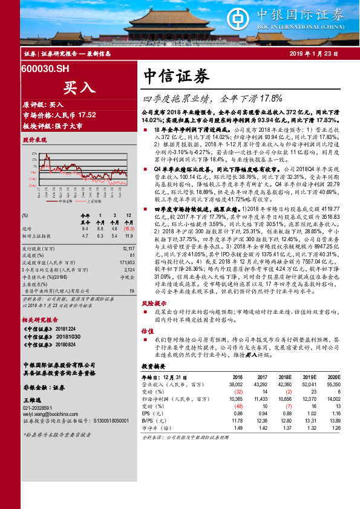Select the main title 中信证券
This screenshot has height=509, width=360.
click(x=176, y=76)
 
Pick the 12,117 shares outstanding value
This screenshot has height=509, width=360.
click(x=128, y=248)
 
